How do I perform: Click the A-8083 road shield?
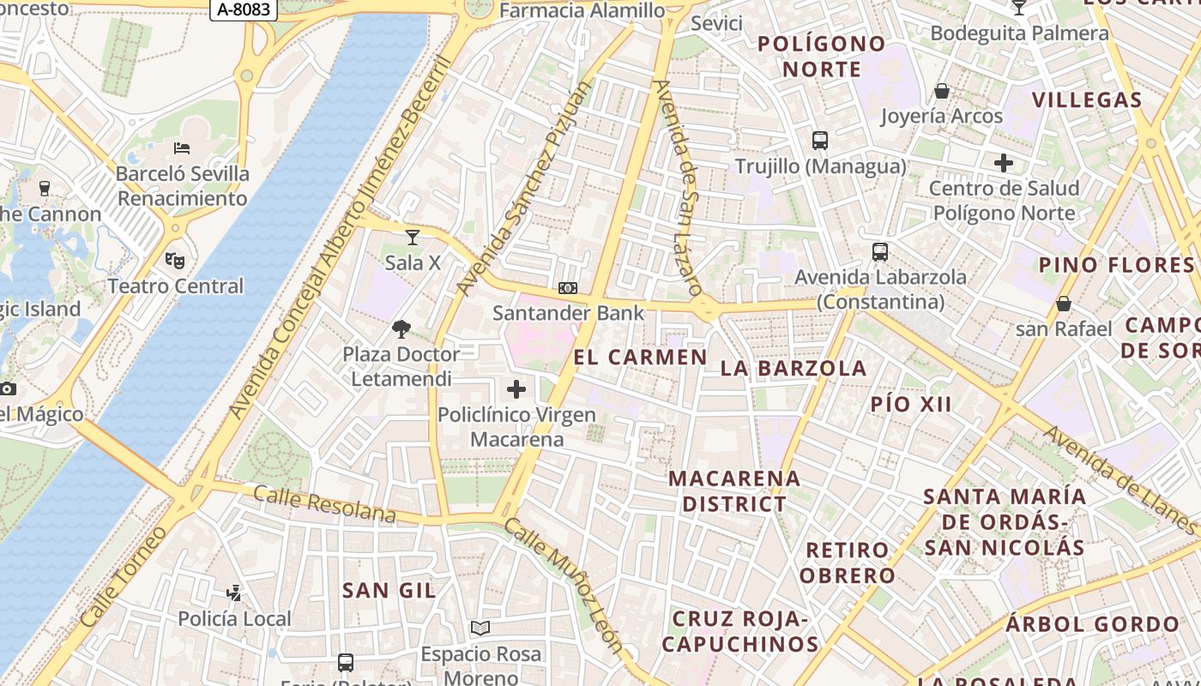coord(244,9)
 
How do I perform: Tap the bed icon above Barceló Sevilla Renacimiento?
coord(182,148)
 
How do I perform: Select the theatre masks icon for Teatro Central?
coord(175,259)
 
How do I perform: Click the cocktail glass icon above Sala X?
coord(413,237)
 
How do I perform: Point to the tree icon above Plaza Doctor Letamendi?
coord(401,328)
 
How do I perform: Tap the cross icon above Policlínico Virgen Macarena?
coord(516,389)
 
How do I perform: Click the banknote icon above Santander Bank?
coord(568,288)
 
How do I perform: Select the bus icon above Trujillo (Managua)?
coord(820,141)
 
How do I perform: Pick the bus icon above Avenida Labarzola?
coord(880,252)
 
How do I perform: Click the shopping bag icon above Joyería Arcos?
coord(942,91)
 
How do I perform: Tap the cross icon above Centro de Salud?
coord(1004,162)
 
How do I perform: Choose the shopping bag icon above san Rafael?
coord(1064,304)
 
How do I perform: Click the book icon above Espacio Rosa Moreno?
coord(480,629)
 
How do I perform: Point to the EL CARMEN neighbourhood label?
coord(640,358)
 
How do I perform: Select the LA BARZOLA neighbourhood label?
coord(794,368)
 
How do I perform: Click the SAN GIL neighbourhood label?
coord(389,590)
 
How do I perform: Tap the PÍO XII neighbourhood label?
coord(911,404)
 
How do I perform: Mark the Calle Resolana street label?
coord(324,504)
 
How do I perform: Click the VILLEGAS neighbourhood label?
coord(1087,99)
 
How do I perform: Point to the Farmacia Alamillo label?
coord(582,10)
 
